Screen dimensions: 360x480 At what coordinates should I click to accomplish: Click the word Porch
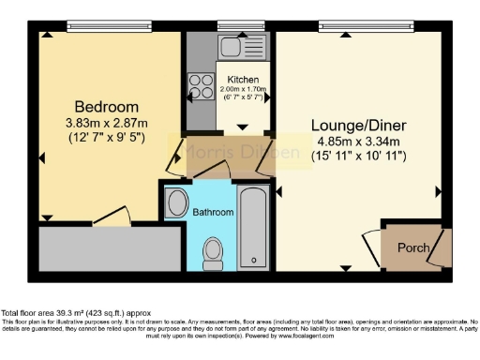click(x=413, y=248)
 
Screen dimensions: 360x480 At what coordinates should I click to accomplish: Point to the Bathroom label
click(x=213, y=213)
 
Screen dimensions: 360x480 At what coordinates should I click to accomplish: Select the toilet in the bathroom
click(x=213, y=249)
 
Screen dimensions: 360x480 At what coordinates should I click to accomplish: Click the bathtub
click(x=254, y=227)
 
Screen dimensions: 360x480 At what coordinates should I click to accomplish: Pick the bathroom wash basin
click(x=175, y=202)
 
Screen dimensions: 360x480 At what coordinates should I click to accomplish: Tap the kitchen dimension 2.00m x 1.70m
click(x=243, y=91)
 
